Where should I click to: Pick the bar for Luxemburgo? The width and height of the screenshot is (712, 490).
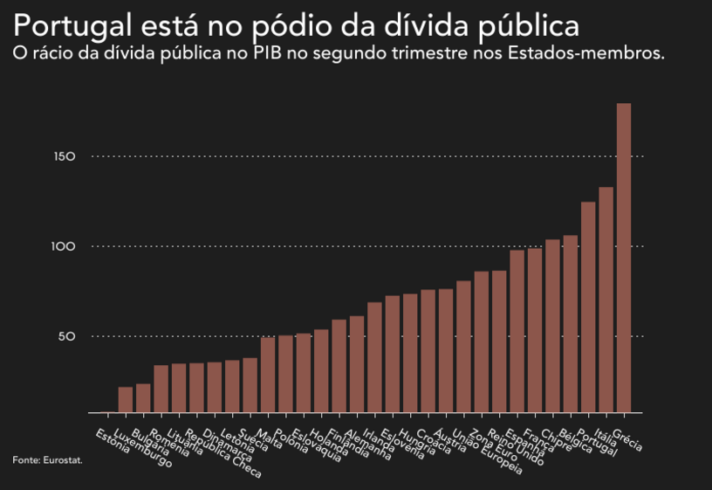point(126,399)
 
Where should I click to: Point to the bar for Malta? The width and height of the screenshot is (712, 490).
point(268,375)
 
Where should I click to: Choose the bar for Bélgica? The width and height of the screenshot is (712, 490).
point(571,323)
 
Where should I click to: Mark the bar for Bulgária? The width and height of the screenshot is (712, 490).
point(143,397)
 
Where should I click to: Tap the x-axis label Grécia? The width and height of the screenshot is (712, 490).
point(627,441)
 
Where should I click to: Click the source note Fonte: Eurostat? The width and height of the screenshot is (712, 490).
point(47,459)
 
